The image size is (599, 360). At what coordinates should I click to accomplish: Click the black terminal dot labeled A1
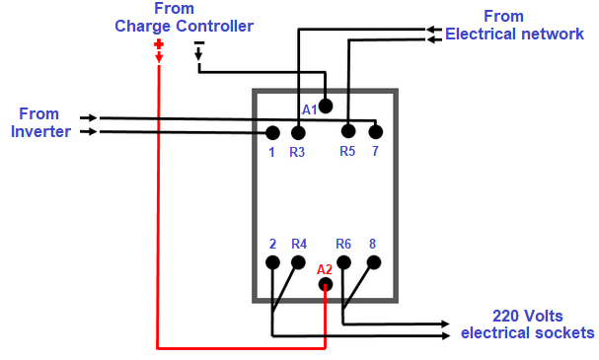[x=326, y=106]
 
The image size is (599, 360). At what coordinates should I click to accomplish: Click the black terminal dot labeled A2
[x=326, y=285]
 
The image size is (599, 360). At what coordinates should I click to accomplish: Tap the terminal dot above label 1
[x=273, y=132]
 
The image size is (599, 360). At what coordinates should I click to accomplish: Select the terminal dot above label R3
[x=297, y=131]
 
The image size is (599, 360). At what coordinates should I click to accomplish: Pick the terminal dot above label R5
[x=347, y=131]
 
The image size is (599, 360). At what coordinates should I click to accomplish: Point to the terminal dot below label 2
[x=273, y=262]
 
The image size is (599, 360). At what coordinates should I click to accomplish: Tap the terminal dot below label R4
[x=298, y=262]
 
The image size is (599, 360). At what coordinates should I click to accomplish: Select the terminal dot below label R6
[x=344, y=262]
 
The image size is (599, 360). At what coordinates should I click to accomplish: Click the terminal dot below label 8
[x=373, y=262]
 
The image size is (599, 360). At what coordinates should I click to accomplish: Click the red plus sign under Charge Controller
[x=158, y=44]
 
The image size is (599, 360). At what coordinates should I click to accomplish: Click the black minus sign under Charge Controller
[x=198, y=44]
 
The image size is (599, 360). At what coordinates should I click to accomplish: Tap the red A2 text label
[x=325, y=269]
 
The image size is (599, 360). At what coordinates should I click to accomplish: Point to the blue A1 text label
[x=309, y=109]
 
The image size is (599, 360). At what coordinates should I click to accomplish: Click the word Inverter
[x=40, y=131]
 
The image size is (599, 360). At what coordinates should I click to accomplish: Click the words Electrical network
[x=514, y=34]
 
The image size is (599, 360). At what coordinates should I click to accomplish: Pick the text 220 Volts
[x=527, y=316]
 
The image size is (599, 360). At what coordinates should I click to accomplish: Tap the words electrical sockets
[x=527, y=332]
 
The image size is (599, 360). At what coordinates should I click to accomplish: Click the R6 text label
[x=343, y=244]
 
